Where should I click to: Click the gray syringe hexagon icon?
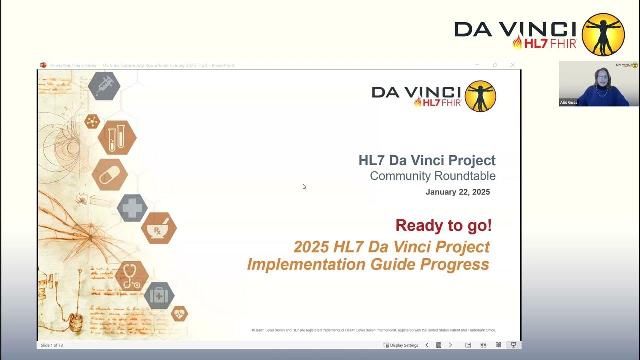click(x=104, y=86)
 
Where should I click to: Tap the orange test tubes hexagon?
click(x=117, y=137)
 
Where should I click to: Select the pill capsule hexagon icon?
click(x=109, y=175)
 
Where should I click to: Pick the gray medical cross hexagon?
click(x=132, y=208)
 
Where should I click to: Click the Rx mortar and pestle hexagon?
click(x=158, y=228)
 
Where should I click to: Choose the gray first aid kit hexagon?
click(x=159, y=295)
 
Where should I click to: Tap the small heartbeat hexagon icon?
click(x=179, y=314)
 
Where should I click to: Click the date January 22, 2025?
click(x=457, y=192)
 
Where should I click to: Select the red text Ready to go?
click(x=443, y=225)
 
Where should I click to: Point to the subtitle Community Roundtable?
click(x=432, y=176)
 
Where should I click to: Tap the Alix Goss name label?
click(x=569, y=102)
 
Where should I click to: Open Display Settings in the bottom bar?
click(x=401, y=345)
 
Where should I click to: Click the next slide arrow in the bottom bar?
click(x=450, y=345)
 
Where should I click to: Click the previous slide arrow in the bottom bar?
click(x=427, y=345)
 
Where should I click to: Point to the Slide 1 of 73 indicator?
click(x=52, y=345)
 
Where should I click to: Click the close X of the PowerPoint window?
click(x=512, y=65)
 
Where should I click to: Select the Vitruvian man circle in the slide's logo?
click(x=480, y=96)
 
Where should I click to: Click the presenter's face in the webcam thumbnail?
click(x=600, y=78)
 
